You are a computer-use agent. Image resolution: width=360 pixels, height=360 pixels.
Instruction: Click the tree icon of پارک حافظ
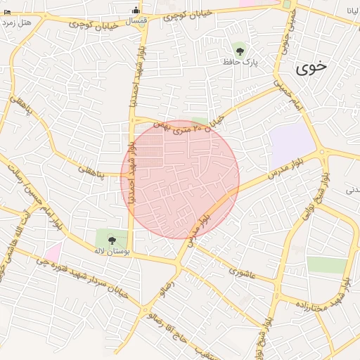(x=240, y=50)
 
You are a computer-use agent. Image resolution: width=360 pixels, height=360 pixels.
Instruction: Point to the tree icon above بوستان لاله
(x=112, y=239)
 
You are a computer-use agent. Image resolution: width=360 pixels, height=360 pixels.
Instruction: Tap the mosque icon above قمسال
(x=136, y=9)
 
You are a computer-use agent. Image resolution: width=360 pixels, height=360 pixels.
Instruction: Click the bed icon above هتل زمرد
(x=6, y=13)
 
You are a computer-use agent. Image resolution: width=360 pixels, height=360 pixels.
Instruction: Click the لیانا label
(x=352, y=11)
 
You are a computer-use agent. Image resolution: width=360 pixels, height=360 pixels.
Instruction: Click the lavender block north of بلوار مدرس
(x=290, y=142)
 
